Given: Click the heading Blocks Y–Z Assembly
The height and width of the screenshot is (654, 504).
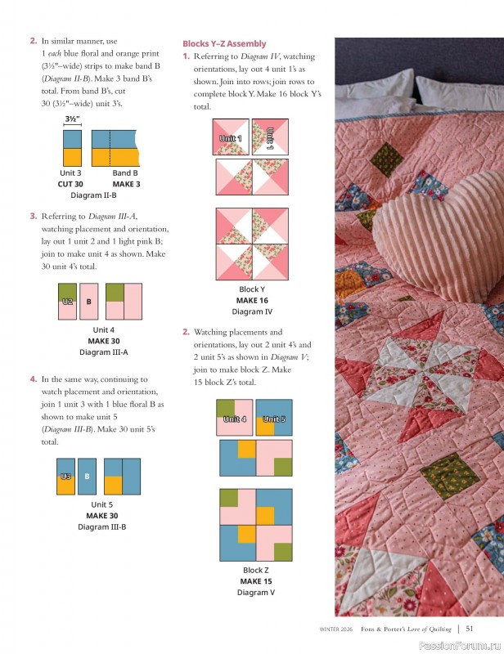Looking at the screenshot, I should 224,43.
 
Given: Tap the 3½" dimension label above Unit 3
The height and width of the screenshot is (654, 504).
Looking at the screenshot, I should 71,119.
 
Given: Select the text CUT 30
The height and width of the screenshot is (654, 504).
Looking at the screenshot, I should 70,184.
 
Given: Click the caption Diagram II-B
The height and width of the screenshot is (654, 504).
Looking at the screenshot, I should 93,195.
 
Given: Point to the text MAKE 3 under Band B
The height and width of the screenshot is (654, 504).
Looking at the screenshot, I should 124,184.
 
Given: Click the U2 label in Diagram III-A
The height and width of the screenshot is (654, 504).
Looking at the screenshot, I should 68,301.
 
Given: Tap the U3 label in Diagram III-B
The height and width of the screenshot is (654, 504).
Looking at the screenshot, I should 66,476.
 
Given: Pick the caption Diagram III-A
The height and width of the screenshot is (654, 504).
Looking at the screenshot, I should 103,352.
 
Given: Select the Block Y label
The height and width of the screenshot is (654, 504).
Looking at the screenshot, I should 251,289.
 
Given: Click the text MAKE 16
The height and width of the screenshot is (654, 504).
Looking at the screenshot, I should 252,300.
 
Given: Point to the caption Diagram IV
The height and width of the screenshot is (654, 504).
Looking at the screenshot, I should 252,311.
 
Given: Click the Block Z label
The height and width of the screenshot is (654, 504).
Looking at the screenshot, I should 255,570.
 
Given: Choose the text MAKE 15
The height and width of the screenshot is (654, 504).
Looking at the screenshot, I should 255,580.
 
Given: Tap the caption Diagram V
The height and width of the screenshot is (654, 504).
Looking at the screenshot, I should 255,592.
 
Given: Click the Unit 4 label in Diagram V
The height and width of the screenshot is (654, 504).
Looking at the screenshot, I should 235,419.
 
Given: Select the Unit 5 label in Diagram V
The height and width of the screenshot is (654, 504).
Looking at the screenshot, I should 274,419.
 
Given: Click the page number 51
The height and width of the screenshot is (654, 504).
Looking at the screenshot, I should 470,629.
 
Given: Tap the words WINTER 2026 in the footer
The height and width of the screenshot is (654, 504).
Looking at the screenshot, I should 337,629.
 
